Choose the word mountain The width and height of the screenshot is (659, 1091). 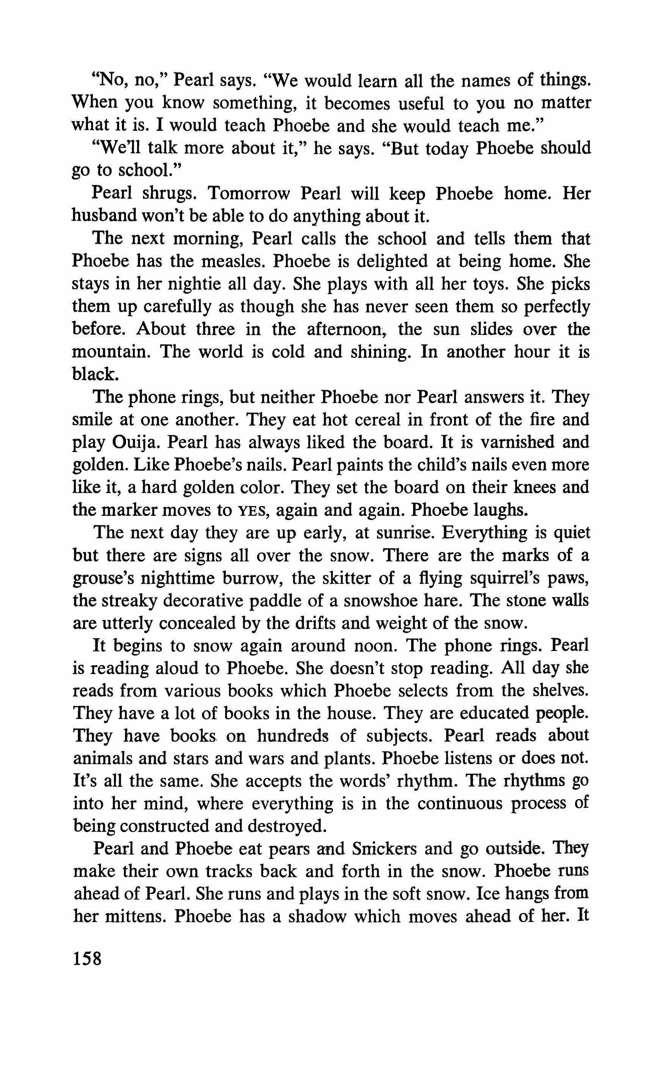[x=111, y=352]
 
